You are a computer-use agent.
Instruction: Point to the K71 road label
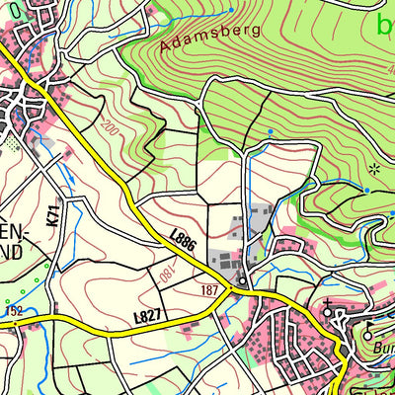click(51, 211)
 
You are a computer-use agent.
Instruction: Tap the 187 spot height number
click(208, 291)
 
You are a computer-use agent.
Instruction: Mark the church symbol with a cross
click(329, 303)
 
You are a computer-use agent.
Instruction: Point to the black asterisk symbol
click(373, 169)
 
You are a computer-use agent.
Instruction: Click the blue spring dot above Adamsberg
click(231, 10)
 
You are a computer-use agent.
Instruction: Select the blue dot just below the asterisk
click(366, 190)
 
